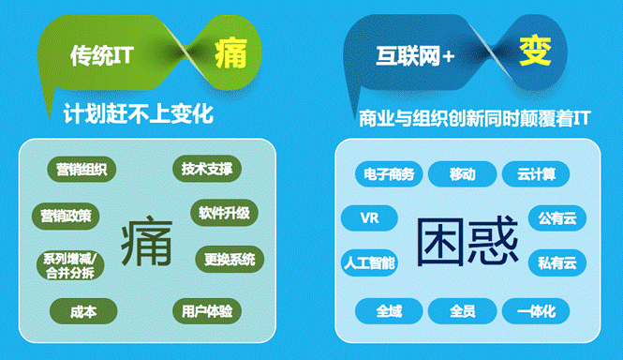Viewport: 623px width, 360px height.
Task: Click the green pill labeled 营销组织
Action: (x=81, y=170)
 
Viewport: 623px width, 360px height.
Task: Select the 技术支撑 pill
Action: (x=207, y=170)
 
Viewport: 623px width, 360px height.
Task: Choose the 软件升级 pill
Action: (x=224, y=213)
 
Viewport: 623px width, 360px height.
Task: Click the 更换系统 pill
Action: (x=230, y=259)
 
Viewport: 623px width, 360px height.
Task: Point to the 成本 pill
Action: (x=82, y=310)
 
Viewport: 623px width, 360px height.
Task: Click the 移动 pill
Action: (x=462, y=173)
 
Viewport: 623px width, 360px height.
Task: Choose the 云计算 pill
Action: (x=529, y=173)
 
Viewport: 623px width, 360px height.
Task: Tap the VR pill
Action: (x=369, y=218)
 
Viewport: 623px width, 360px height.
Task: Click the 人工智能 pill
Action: (x=369, y=262)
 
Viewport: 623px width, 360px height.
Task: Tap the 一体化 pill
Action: (x=535, y=310)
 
